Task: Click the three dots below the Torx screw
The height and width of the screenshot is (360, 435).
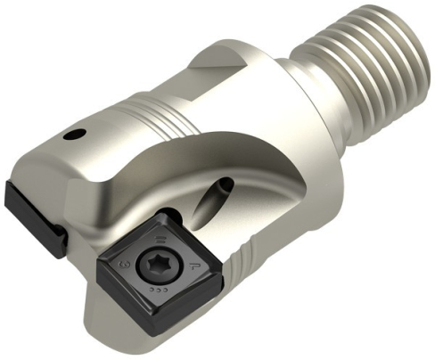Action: pyautogui.click(x=159, y=290)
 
